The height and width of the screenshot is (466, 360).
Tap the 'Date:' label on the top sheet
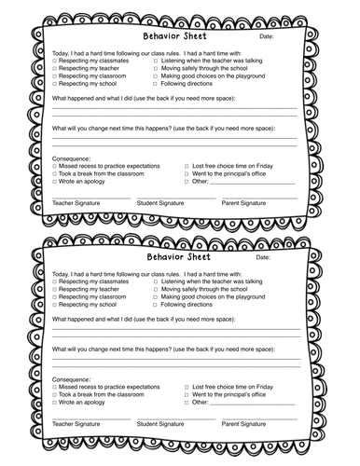(266, 37)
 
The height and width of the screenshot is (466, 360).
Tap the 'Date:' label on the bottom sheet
(266, 257)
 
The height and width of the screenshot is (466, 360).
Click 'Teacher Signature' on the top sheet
(76, 202)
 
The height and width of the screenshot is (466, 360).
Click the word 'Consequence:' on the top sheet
(71, 158)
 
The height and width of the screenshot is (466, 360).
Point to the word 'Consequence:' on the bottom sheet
(71, 378)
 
